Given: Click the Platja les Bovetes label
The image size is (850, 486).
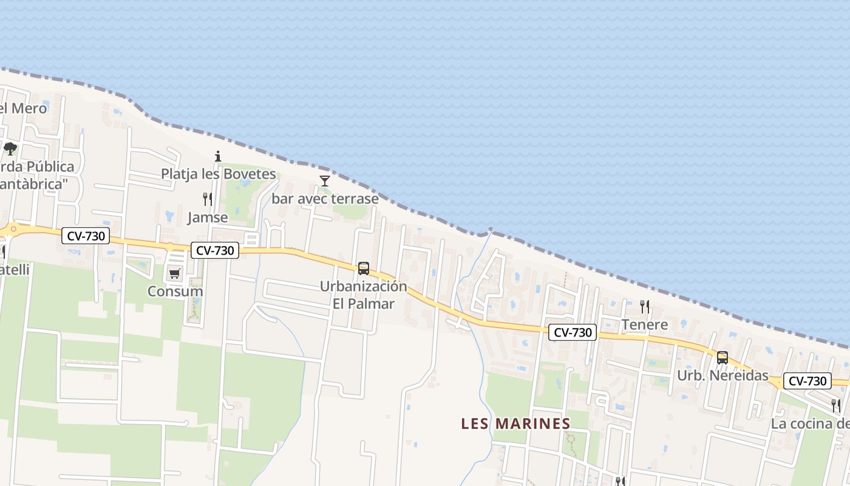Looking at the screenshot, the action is click(218, 174).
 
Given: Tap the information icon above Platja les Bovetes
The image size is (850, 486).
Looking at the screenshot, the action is click(218, 156).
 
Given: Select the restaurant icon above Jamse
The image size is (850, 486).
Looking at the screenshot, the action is click(208, 199).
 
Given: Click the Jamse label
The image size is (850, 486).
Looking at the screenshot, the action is click(208, 217).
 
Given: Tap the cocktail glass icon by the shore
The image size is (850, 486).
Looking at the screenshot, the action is click(325, 180).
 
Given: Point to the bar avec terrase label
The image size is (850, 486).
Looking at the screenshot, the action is click(325, 199).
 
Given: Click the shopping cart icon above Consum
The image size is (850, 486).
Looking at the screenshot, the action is click(175, 273).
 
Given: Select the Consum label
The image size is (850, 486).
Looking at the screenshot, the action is click(175, 291).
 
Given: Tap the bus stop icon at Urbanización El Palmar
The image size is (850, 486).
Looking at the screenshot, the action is click(364, 268).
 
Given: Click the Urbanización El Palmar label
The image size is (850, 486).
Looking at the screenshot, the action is click(364, 295).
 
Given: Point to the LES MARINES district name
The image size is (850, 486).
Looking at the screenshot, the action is click(515, 423).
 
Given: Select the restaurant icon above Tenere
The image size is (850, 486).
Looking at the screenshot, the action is click(645, 306).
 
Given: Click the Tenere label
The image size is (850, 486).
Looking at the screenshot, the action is click(645, 324).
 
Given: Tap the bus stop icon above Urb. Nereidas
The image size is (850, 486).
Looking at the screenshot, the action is click(722, 357).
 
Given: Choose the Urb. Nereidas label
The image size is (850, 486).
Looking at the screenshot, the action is click(722, 375).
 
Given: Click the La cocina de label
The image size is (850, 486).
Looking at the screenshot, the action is click(810, 424).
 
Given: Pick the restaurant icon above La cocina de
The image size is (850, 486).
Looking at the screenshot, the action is click(836, 405).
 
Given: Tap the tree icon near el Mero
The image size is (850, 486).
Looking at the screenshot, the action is click(10, 148).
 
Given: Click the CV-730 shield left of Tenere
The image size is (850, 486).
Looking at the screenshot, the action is click(573, 332).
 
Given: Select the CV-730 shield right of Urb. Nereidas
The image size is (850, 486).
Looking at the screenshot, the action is click(807, 381).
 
